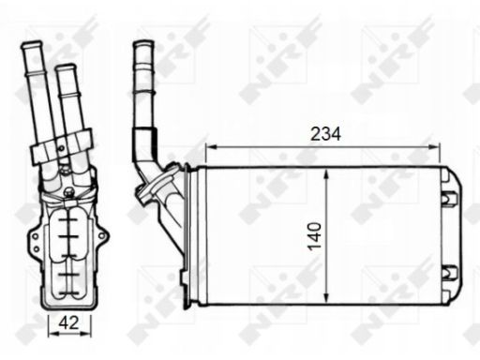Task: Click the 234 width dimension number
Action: tap(324, 133)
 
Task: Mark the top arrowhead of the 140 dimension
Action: tap(324, 173)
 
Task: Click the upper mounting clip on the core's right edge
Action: tap(449, 197)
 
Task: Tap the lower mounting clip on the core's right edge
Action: tap(449, 275)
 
